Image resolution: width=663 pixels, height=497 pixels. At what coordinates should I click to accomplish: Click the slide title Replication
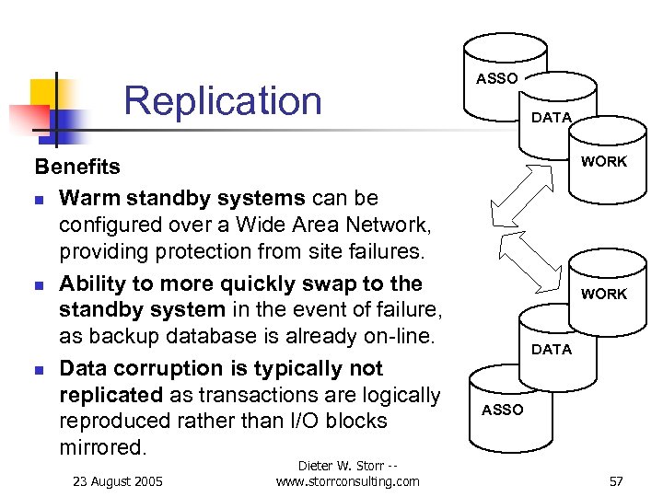point(223,100)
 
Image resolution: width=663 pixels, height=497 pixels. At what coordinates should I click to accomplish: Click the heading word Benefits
point(77,167)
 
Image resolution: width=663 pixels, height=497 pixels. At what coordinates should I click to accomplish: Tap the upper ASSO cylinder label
point(496,79)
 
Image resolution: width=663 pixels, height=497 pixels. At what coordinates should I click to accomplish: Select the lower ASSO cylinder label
point(502,410)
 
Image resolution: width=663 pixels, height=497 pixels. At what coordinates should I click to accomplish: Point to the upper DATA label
point(551,118)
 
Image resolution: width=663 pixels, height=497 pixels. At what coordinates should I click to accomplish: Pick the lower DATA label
point(551,350)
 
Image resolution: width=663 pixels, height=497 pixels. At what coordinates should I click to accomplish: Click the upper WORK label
point(603,162)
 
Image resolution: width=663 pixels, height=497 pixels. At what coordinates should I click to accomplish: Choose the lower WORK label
point(603,295)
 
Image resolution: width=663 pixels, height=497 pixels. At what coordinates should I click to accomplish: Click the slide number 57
point(616,480)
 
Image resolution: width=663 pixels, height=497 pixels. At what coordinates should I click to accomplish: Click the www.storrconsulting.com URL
point(347,480)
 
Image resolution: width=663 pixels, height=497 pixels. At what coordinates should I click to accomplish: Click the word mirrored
point(102,447)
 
